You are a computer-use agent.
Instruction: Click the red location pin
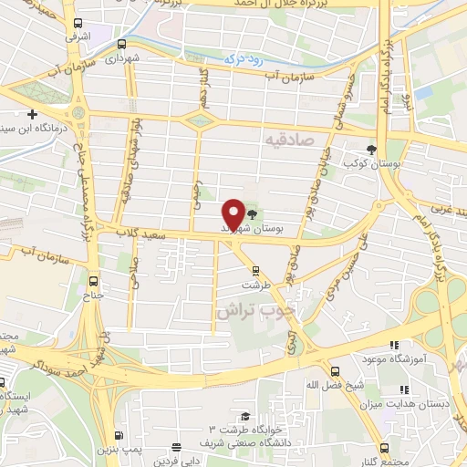[x=233, y=214]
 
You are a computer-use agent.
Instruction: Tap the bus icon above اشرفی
[x=76, y=24]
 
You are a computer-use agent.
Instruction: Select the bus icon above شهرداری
[x=121, y=44]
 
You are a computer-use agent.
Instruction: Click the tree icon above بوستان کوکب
[x=370, y=149]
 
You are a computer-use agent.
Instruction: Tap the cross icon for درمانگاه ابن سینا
[x=33, y=115]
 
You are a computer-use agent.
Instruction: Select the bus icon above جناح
[x=95, y=282]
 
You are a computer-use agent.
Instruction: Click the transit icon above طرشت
[x=255, y=269]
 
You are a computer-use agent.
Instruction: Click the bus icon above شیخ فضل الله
[x=335, y=371]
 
